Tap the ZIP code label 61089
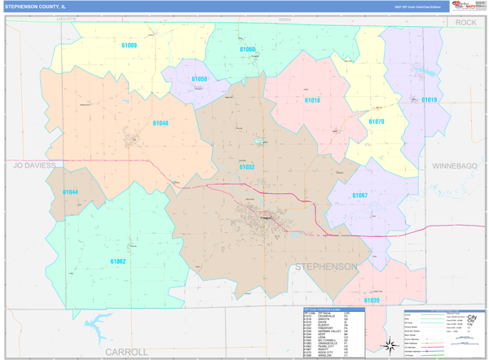(128, 46)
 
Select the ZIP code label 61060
(247, 50)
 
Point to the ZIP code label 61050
(199, 79)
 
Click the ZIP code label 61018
(312, 100)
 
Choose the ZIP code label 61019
(429, 100)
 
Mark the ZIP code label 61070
(376, 121)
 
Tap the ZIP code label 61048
(160, 123)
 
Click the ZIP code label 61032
(247, 166)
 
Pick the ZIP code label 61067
(359, 195)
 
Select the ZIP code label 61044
(70, 192)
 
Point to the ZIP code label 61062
(117, 261)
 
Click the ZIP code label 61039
(372, 301)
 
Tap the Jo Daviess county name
(34, 165)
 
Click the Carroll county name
(126, 351)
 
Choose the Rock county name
(465, 23)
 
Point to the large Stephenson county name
(324, 266)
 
